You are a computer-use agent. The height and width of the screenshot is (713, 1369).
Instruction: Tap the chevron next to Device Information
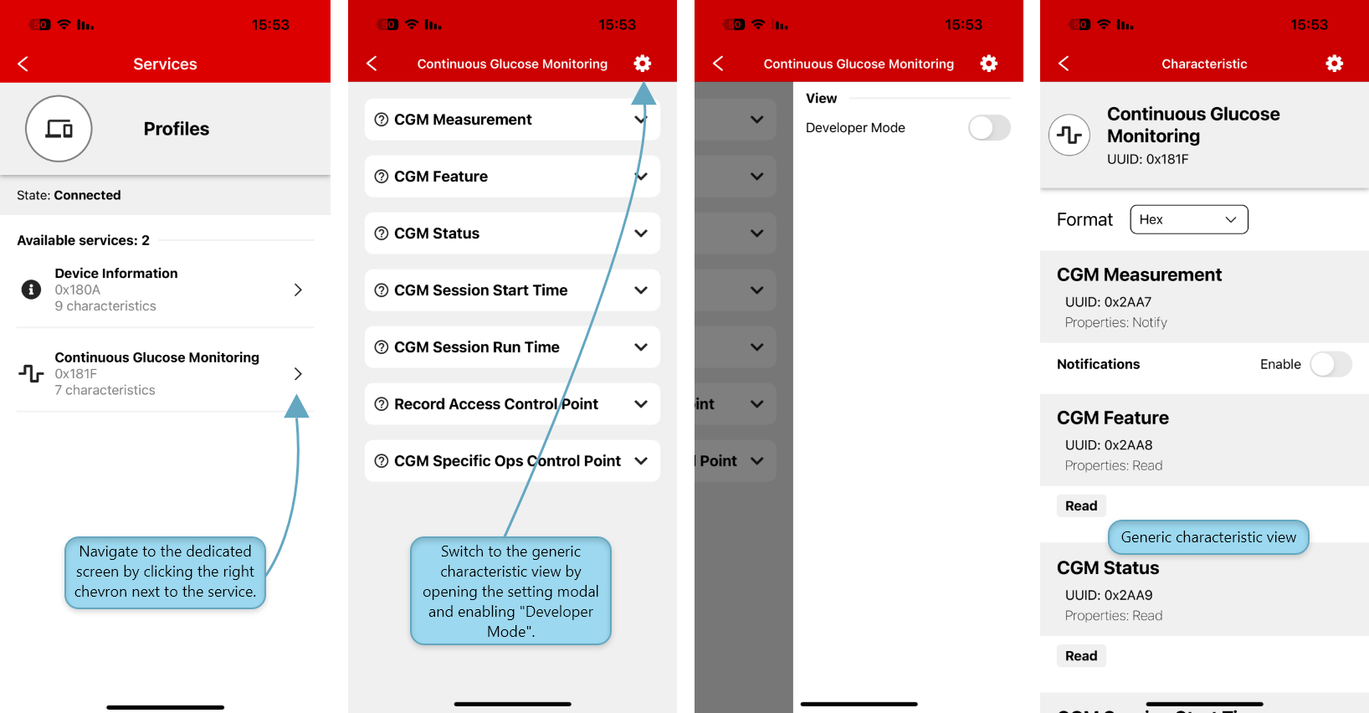298,290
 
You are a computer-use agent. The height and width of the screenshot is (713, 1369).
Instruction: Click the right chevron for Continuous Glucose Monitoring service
298,373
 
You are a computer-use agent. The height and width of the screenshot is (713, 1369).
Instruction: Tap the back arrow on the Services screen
23,64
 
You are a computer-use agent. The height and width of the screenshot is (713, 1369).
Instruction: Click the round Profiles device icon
59,128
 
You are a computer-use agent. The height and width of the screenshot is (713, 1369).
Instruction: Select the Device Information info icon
31,289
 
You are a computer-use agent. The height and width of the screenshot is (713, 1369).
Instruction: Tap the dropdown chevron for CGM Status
640,233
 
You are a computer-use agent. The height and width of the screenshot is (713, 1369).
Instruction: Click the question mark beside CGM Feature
382,177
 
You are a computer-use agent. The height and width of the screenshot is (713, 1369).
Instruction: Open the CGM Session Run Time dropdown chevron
640,347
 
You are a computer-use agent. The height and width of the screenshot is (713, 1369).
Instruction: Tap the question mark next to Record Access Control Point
382,404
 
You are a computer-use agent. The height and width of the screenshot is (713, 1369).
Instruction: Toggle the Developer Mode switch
989,128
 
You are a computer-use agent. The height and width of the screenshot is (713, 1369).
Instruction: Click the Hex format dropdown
1189,219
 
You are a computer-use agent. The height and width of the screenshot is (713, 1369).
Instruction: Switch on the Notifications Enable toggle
1331,364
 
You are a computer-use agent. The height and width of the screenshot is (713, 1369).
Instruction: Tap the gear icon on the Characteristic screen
1334,64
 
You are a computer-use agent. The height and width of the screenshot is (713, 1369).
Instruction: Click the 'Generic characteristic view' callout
1208,537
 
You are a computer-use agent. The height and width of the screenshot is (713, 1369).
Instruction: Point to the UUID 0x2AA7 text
1108,302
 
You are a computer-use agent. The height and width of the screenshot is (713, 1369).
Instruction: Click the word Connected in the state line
87,195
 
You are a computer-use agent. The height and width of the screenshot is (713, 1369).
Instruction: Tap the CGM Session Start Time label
481,290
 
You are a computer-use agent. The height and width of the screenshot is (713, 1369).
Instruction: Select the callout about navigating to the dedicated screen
165,572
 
